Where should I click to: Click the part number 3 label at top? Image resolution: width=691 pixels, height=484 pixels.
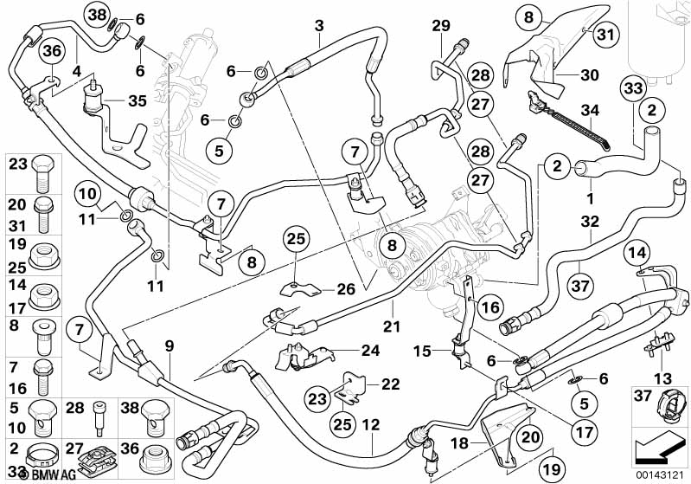point(319,26)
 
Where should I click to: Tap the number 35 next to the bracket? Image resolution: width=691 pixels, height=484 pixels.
point(138,100)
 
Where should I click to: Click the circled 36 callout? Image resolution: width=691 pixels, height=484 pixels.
point(52,52)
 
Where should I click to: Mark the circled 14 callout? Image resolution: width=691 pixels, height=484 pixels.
point(638,254)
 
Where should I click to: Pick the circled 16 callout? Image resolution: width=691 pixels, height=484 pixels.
point(489,307)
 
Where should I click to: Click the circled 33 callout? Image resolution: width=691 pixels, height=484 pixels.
point(632,87)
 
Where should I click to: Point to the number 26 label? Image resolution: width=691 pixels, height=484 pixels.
point(345,288)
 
